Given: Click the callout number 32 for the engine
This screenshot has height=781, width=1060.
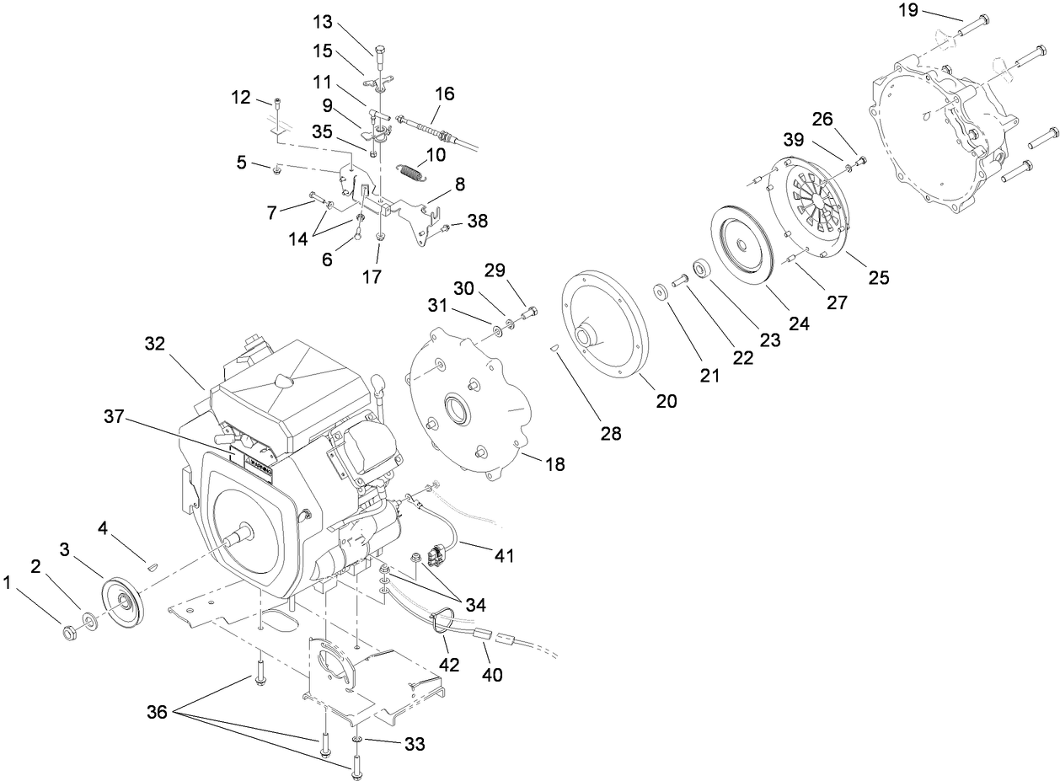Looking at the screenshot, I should [155, 345].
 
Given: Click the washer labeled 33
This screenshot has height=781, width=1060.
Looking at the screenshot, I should [357, 740].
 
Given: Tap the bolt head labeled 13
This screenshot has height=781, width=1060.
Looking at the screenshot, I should [378, 45].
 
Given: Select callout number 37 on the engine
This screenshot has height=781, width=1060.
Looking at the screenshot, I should [119, 416].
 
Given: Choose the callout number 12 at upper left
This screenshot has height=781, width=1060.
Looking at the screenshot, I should [241, 98].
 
